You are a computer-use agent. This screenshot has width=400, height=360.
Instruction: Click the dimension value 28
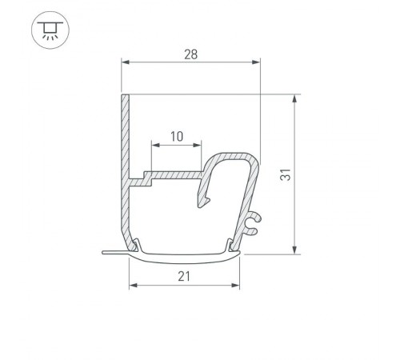190,54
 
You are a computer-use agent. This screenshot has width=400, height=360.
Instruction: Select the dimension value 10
177,136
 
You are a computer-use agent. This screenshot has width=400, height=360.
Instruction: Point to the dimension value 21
184,276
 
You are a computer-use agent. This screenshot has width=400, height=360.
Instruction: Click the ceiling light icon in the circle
48,30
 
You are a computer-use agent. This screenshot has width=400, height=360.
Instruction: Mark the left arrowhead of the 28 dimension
125,62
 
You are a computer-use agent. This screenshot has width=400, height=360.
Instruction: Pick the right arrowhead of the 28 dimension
257,62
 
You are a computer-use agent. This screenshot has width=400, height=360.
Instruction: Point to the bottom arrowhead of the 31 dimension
294,250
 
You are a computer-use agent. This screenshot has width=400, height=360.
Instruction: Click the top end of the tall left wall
125,96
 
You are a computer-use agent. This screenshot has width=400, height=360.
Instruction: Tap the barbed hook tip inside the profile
201,206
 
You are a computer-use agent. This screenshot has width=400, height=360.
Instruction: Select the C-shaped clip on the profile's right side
253,222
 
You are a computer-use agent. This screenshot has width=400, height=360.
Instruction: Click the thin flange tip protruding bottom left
106,253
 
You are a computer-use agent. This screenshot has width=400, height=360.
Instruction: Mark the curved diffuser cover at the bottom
184,257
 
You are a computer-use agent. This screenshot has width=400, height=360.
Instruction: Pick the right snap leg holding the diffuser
233,243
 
